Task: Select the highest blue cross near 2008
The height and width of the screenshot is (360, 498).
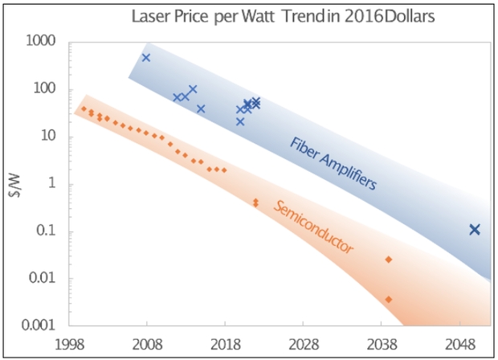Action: click(x=146, y=58)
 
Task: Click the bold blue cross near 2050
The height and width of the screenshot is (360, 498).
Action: click(x=475, y=230)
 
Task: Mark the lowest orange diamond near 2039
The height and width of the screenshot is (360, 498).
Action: click(x=389, y=299)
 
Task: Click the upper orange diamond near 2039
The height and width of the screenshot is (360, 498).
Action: click(x=389, y=259)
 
